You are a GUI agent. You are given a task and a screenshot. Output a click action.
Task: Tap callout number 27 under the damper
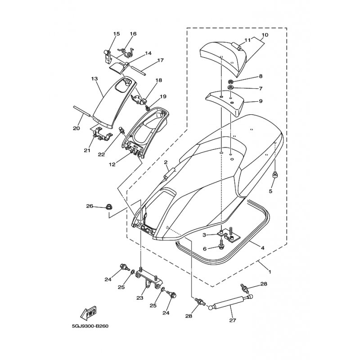coord(232,320)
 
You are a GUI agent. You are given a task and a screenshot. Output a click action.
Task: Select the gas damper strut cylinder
coord(229,303)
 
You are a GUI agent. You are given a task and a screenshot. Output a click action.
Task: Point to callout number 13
coord(94,79)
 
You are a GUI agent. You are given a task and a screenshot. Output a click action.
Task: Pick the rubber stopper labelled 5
coord(274,175)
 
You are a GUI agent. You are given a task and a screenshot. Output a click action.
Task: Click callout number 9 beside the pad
coord(261,101)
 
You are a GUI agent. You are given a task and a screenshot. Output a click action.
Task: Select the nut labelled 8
coord(230,81)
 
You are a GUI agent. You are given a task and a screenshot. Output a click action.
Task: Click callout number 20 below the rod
coord(76,128)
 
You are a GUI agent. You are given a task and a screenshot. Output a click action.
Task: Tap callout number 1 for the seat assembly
coord(270,272)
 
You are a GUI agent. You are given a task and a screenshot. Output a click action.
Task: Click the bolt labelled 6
coord(221,244)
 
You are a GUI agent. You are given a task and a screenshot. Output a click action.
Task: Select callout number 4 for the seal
coord(262,248)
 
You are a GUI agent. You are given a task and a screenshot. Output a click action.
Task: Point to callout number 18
coord(159,80)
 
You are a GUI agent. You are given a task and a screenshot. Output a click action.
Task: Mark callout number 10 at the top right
coord(265,35)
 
